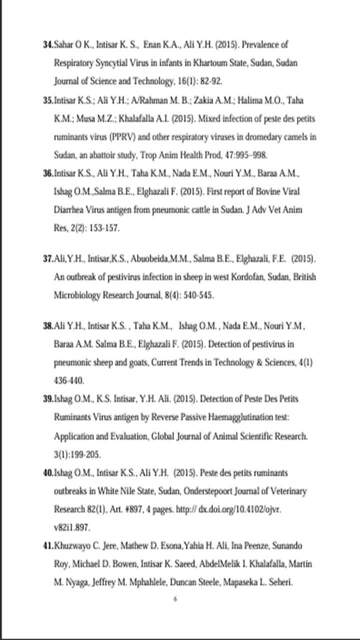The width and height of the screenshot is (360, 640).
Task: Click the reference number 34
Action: point(48,45)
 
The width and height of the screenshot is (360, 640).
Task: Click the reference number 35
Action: point(48,100)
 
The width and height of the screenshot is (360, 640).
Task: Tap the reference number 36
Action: point(48,173)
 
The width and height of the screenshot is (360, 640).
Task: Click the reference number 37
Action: point(48,259)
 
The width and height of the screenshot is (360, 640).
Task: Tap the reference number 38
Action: point(48,326)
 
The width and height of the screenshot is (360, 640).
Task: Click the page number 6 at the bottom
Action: point(175,599)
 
